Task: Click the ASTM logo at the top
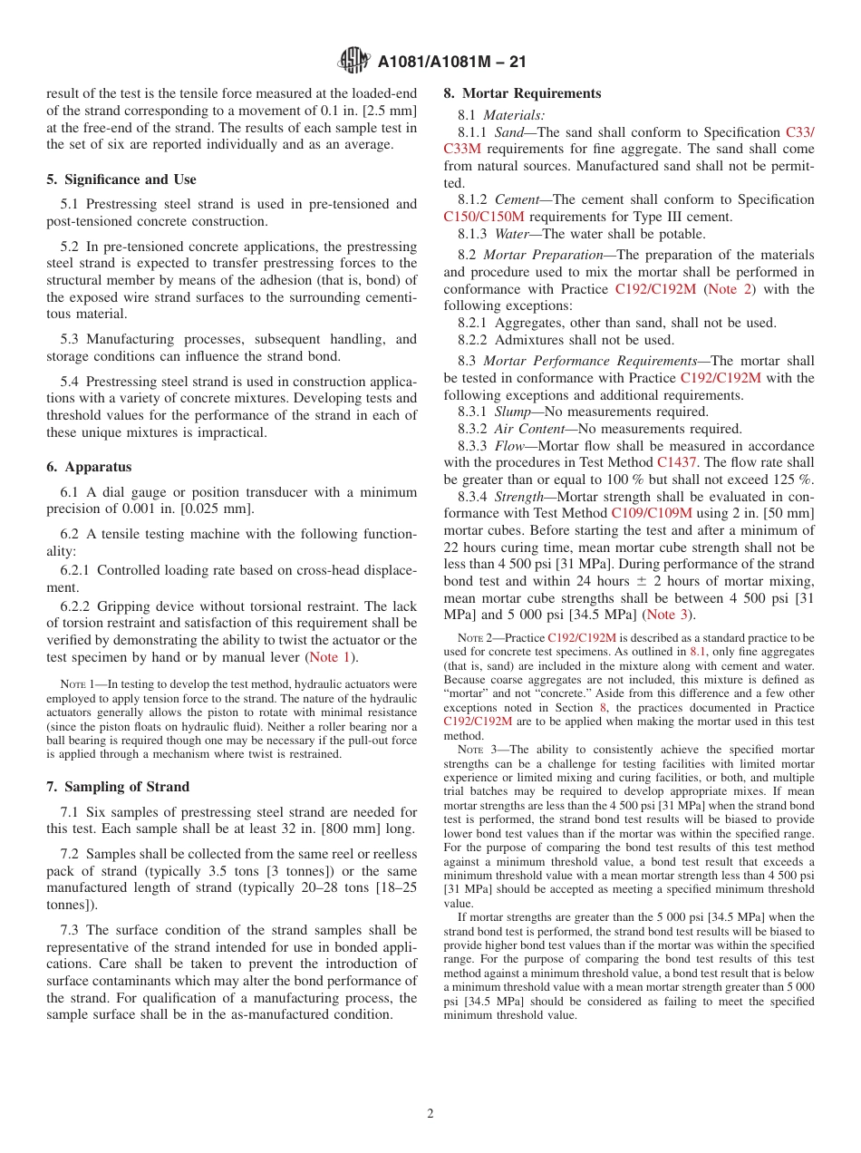(x=353, y=61)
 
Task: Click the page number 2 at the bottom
(x=430, y=1114)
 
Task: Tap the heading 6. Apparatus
(x=89, y=467)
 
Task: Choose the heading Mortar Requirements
(x=522, y=93)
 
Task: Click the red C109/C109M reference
(x=652, y=513)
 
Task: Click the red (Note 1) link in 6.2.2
(x=332, y=657)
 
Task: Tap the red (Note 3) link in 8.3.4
(x=667, y=615)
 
